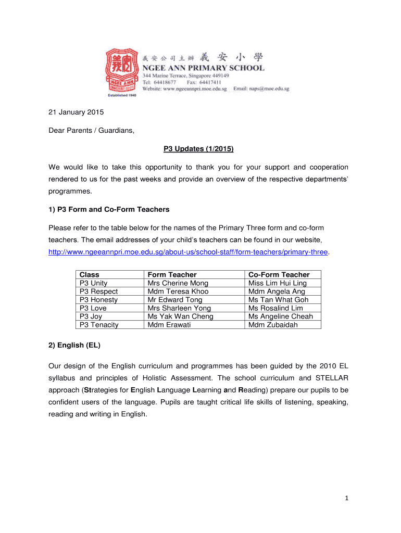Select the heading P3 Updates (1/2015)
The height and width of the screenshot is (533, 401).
point(198,149)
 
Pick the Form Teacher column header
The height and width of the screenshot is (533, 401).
point(172,274)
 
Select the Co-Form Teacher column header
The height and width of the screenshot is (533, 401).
point(279,274)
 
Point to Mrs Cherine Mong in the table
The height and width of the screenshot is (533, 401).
point(178,283)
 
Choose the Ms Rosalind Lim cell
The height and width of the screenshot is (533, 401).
point(275,308)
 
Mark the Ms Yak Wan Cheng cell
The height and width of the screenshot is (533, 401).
point(180,316)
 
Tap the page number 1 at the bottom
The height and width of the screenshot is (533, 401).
point(346,498)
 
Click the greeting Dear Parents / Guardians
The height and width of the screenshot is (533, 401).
point(92,131)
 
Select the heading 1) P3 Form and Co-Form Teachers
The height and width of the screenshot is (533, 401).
point(109,209)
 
